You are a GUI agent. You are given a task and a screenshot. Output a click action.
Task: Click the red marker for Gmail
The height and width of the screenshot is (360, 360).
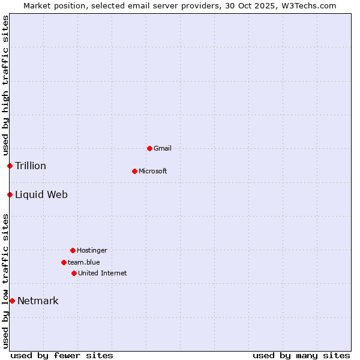pos(149,148)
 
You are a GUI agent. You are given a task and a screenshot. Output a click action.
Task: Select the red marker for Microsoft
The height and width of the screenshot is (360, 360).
pos(134,171)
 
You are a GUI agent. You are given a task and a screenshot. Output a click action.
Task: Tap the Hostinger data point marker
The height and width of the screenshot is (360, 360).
pos(73,250)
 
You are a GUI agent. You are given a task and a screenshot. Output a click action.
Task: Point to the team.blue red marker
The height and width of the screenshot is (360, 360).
pos(64,262)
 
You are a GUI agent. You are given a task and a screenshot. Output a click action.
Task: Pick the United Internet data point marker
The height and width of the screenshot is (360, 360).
pos(74,273)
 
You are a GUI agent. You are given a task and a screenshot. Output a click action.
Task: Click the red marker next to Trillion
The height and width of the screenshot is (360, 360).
pos(10,166)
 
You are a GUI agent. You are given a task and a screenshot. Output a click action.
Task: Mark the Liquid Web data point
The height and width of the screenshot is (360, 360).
pos(10,194)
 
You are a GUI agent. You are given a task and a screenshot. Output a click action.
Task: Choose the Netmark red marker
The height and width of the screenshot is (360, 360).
pos(12,301)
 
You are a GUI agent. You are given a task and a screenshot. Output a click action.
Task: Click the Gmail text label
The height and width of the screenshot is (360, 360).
pos(163,148)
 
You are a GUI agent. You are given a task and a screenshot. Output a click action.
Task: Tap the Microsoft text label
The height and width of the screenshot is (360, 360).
pos(153,171)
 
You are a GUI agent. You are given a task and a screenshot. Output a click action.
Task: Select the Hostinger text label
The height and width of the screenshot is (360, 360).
pos(92,250)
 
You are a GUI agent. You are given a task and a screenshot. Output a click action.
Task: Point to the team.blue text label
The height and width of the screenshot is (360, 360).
pos(84,262)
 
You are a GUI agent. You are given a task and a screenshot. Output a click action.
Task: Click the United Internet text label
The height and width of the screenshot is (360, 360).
pos(103,273)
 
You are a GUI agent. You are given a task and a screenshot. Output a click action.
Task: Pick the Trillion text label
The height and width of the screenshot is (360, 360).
pos(31,166)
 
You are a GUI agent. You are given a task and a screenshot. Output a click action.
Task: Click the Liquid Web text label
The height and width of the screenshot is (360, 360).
pos(41,194)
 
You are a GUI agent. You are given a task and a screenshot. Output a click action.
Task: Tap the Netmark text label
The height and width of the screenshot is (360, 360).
pos(38,301)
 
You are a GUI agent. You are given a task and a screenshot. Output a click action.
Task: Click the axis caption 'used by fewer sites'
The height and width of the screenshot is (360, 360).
pos(62,355)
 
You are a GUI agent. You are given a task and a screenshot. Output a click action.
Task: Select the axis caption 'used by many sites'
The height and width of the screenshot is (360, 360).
pos(301,355)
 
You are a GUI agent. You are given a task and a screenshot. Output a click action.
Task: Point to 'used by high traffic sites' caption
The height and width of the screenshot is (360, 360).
pos(5,85)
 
